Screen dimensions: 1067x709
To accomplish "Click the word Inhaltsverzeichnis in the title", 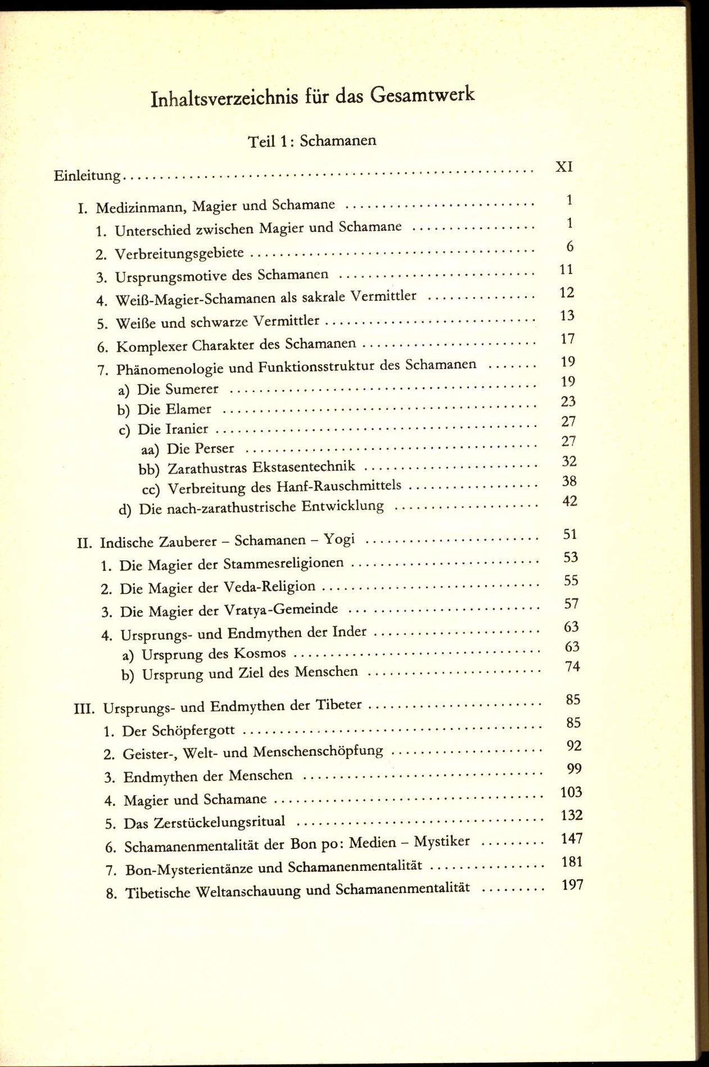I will coord(224,98).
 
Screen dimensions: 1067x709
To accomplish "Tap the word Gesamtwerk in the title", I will coord(422,94).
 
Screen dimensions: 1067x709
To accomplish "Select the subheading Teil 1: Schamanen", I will coord(312,140).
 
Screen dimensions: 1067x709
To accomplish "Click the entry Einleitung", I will coord(87,176).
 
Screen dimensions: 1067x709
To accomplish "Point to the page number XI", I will coord(563,166).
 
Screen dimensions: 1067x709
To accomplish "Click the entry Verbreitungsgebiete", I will coord(179,253).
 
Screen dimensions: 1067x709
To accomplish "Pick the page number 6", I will coord(570,246).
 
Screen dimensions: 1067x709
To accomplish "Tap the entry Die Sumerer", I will coord(178,389).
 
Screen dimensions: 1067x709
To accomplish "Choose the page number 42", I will coord(570,501).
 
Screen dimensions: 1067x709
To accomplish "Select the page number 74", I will coord(572,667).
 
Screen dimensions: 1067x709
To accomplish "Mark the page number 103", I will coord(571,792).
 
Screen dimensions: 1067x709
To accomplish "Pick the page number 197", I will coord(572,886).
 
